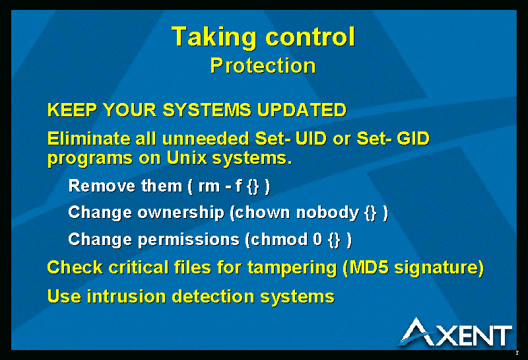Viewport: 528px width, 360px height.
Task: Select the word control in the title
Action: [x=310, y=36]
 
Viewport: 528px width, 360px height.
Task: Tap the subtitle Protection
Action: [x=263, y=65]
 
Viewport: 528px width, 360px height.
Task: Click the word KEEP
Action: [x=73, y=110]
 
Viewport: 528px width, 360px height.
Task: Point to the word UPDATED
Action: [x=302, y=110]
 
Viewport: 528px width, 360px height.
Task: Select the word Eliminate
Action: [x=89, y=139]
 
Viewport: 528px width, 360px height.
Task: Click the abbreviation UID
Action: [x=311, y=139]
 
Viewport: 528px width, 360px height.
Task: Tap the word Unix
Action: [x=187, y=157]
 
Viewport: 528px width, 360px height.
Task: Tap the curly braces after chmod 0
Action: [x=335, y=240]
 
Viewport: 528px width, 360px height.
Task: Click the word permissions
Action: [x=189, y=240]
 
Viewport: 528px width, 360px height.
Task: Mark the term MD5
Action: [x=369, y=268]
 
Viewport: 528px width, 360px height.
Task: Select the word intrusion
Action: [x=126, y=297]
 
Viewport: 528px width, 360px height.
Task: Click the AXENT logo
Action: [x=456, y=332]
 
